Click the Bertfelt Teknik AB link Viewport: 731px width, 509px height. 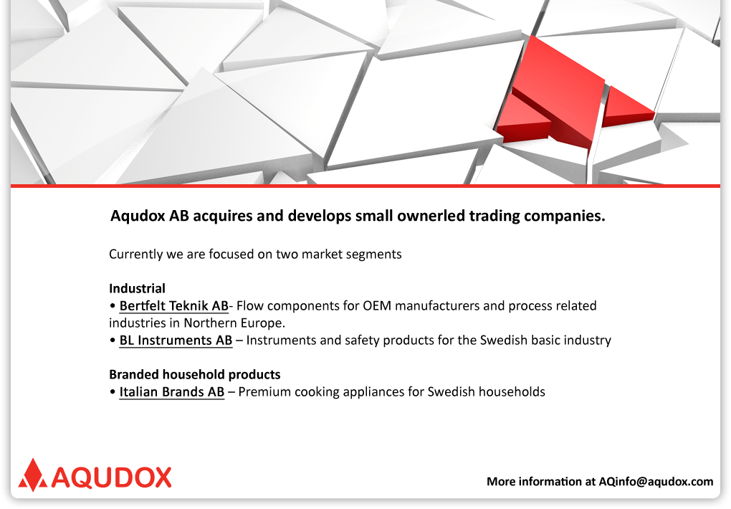click(x=174, y=306)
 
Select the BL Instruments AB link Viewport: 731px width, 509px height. click(x=176, y=341)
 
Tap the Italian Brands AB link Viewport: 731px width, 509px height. click(x=172, y=392)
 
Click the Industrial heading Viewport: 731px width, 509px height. click(x=137, y=288)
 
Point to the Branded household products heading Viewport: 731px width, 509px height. click(x=195, y=375)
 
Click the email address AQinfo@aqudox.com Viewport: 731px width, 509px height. click(x=656, y=482)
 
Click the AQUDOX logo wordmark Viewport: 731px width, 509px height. click(x=111, y=477)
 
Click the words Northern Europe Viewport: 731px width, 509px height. click(x=234, y=323)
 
